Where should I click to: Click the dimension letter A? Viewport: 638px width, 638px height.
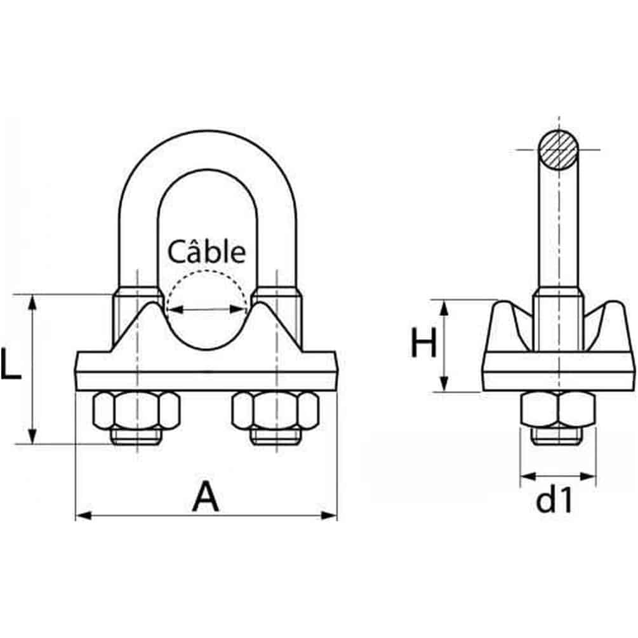206,497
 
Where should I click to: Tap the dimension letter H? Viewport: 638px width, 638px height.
423,345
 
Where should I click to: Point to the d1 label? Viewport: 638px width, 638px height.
554,501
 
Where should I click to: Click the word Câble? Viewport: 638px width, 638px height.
206,252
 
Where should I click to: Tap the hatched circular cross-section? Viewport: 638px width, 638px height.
559,150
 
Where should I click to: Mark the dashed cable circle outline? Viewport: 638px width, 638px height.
206,273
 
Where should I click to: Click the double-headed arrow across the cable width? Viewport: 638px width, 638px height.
206,310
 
